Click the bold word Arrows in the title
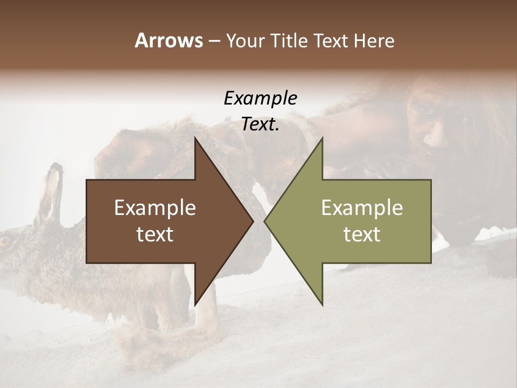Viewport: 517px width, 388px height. (x=169, y=40)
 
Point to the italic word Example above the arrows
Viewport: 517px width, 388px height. (x=260, y=99)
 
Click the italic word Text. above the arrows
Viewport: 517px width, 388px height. (x=260, y=124)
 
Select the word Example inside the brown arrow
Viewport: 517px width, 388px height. (x=155, y=208)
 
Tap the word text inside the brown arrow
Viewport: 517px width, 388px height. (x=155, y=234)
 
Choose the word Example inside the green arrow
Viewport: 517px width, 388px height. (x=362, y=208)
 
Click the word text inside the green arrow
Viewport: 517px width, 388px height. (x=362, y=234)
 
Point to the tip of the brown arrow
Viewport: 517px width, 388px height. (x=253, y=221)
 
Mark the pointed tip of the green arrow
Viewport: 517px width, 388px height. (x=264, y=221)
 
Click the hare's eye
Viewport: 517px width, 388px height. (x=5, y=241)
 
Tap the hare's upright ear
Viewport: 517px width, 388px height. (x=52, y=189)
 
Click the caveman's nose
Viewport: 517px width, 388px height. (x=431, y=139)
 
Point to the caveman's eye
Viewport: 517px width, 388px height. (x=427, y=110)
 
